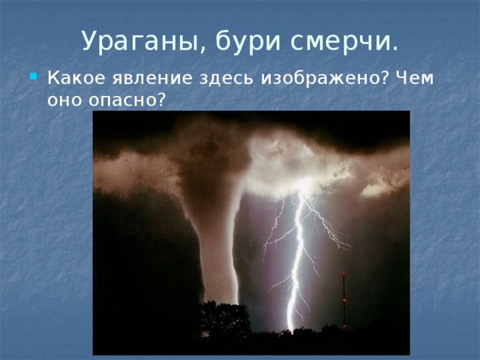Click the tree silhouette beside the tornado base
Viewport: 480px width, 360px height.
225,315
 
